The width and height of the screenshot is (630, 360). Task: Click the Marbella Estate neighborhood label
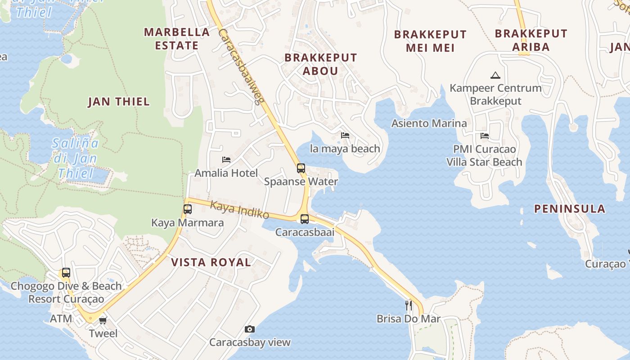[x=177, y=39]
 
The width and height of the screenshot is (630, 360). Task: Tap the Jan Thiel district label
[x=119, y=102]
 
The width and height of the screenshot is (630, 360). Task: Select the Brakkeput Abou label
[x=320, y=64]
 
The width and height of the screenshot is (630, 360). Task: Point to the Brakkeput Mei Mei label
[x=430, y=41]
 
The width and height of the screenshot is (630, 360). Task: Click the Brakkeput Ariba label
[x=531, y=40]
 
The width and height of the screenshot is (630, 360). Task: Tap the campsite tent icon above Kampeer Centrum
[x=495, y=75]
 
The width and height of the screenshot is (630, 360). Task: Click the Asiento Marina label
[x=429, y=123]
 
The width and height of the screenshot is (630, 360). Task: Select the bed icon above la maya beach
[x=345, y=135]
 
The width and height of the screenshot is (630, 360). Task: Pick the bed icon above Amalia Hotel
[x=226, y=160]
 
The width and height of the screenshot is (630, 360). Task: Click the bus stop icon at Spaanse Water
[x=301, y=168]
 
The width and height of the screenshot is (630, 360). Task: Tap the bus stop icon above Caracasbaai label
[x=305, y=219]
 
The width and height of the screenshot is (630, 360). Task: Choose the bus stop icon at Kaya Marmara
[x=188, y=209]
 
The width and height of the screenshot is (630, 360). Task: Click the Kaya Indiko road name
[x=239, y=210]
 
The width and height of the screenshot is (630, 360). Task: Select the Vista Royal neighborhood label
[x=211, y=262]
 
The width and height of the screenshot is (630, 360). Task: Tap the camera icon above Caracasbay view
[x=250, y=329]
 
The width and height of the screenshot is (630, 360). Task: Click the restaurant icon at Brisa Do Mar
[x=409, y=306]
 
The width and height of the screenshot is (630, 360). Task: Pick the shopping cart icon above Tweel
[x=103, y=320]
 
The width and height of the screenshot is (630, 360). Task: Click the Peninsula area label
[x=569, y=209]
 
